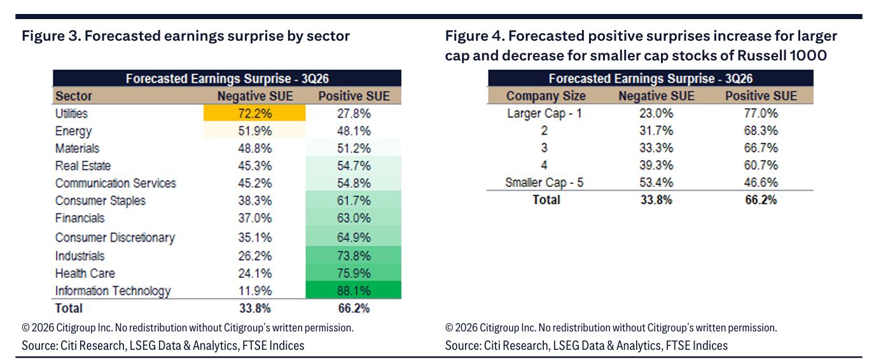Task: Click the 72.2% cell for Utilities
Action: tap(254, 113)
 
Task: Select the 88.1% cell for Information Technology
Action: tap(354, 291)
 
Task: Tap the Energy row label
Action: tap(73, 131)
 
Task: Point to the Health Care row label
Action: tap(85, 273)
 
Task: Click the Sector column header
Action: tap(74, 96)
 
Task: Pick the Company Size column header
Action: tap(546, 96)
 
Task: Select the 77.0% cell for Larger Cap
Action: tap(761, 113)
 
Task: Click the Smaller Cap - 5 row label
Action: tap(545, 183)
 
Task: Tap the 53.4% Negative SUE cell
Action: tap(656, 183)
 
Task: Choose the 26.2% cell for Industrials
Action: tap(255, 256)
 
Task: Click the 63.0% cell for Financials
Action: tap(354, 218)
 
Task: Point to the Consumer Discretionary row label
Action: tap(115, 237)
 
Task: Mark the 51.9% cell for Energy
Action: tap(254, 131)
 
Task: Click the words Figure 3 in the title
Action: tap(50, 36)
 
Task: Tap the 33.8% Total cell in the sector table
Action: tap(255, 308)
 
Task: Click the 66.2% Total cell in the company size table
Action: tap(761, 200)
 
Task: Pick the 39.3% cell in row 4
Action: tap(656, 165)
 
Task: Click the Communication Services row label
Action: tap(115, 183)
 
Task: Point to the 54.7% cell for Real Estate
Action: tap(354, 165)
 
